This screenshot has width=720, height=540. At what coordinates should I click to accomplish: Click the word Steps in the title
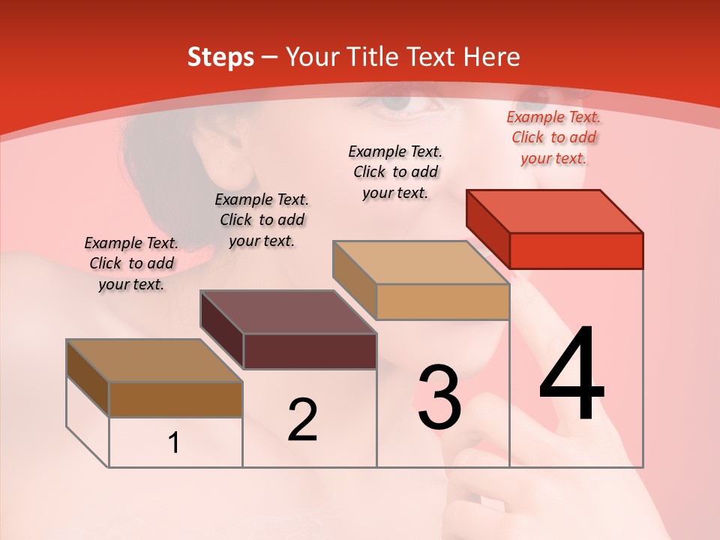pos(220,57)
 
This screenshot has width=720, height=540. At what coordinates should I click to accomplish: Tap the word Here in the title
pos(492,57)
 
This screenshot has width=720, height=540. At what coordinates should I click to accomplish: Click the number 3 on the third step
pos(439,397)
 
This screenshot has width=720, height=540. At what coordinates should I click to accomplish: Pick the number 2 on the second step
pos(302,419)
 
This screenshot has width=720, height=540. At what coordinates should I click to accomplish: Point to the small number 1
pos(174,443)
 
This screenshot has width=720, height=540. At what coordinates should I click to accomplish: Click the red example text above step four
pos(553,137)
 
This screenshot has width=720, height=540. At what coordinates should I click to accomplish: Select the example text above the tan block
pos(395,172)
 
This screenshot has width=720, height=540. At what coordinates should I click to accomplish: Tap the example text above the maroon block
pos(262,220)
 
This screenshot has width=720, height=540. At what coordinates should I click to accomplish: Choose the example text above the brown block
pos(131,263)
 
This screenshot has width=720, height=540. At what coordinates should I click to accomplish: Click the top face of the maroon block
pos(289,312)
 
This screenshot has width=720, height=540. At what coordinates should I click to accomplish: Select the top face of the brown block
pos(154,361)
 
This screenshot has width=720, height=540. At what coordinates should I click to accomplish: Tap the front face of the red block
pos(576,250)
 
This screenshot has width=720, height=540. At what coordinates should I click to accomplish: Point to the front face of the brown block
pos(175,399)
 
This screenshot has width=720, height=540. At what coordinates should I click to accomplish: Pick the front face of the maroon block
pos(310,351)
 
